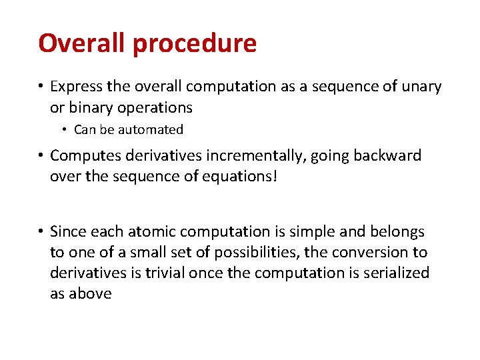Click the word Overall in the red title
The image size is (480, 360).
coord(83,43)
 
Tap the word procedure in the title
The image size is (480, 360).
coord(195,44)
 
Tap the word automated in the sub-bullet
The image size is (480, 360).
coord(153,130)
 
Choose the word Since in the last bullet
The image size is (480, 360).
coord(69,232)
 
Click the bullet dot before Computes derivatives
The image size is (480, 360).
coord(41,156)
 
